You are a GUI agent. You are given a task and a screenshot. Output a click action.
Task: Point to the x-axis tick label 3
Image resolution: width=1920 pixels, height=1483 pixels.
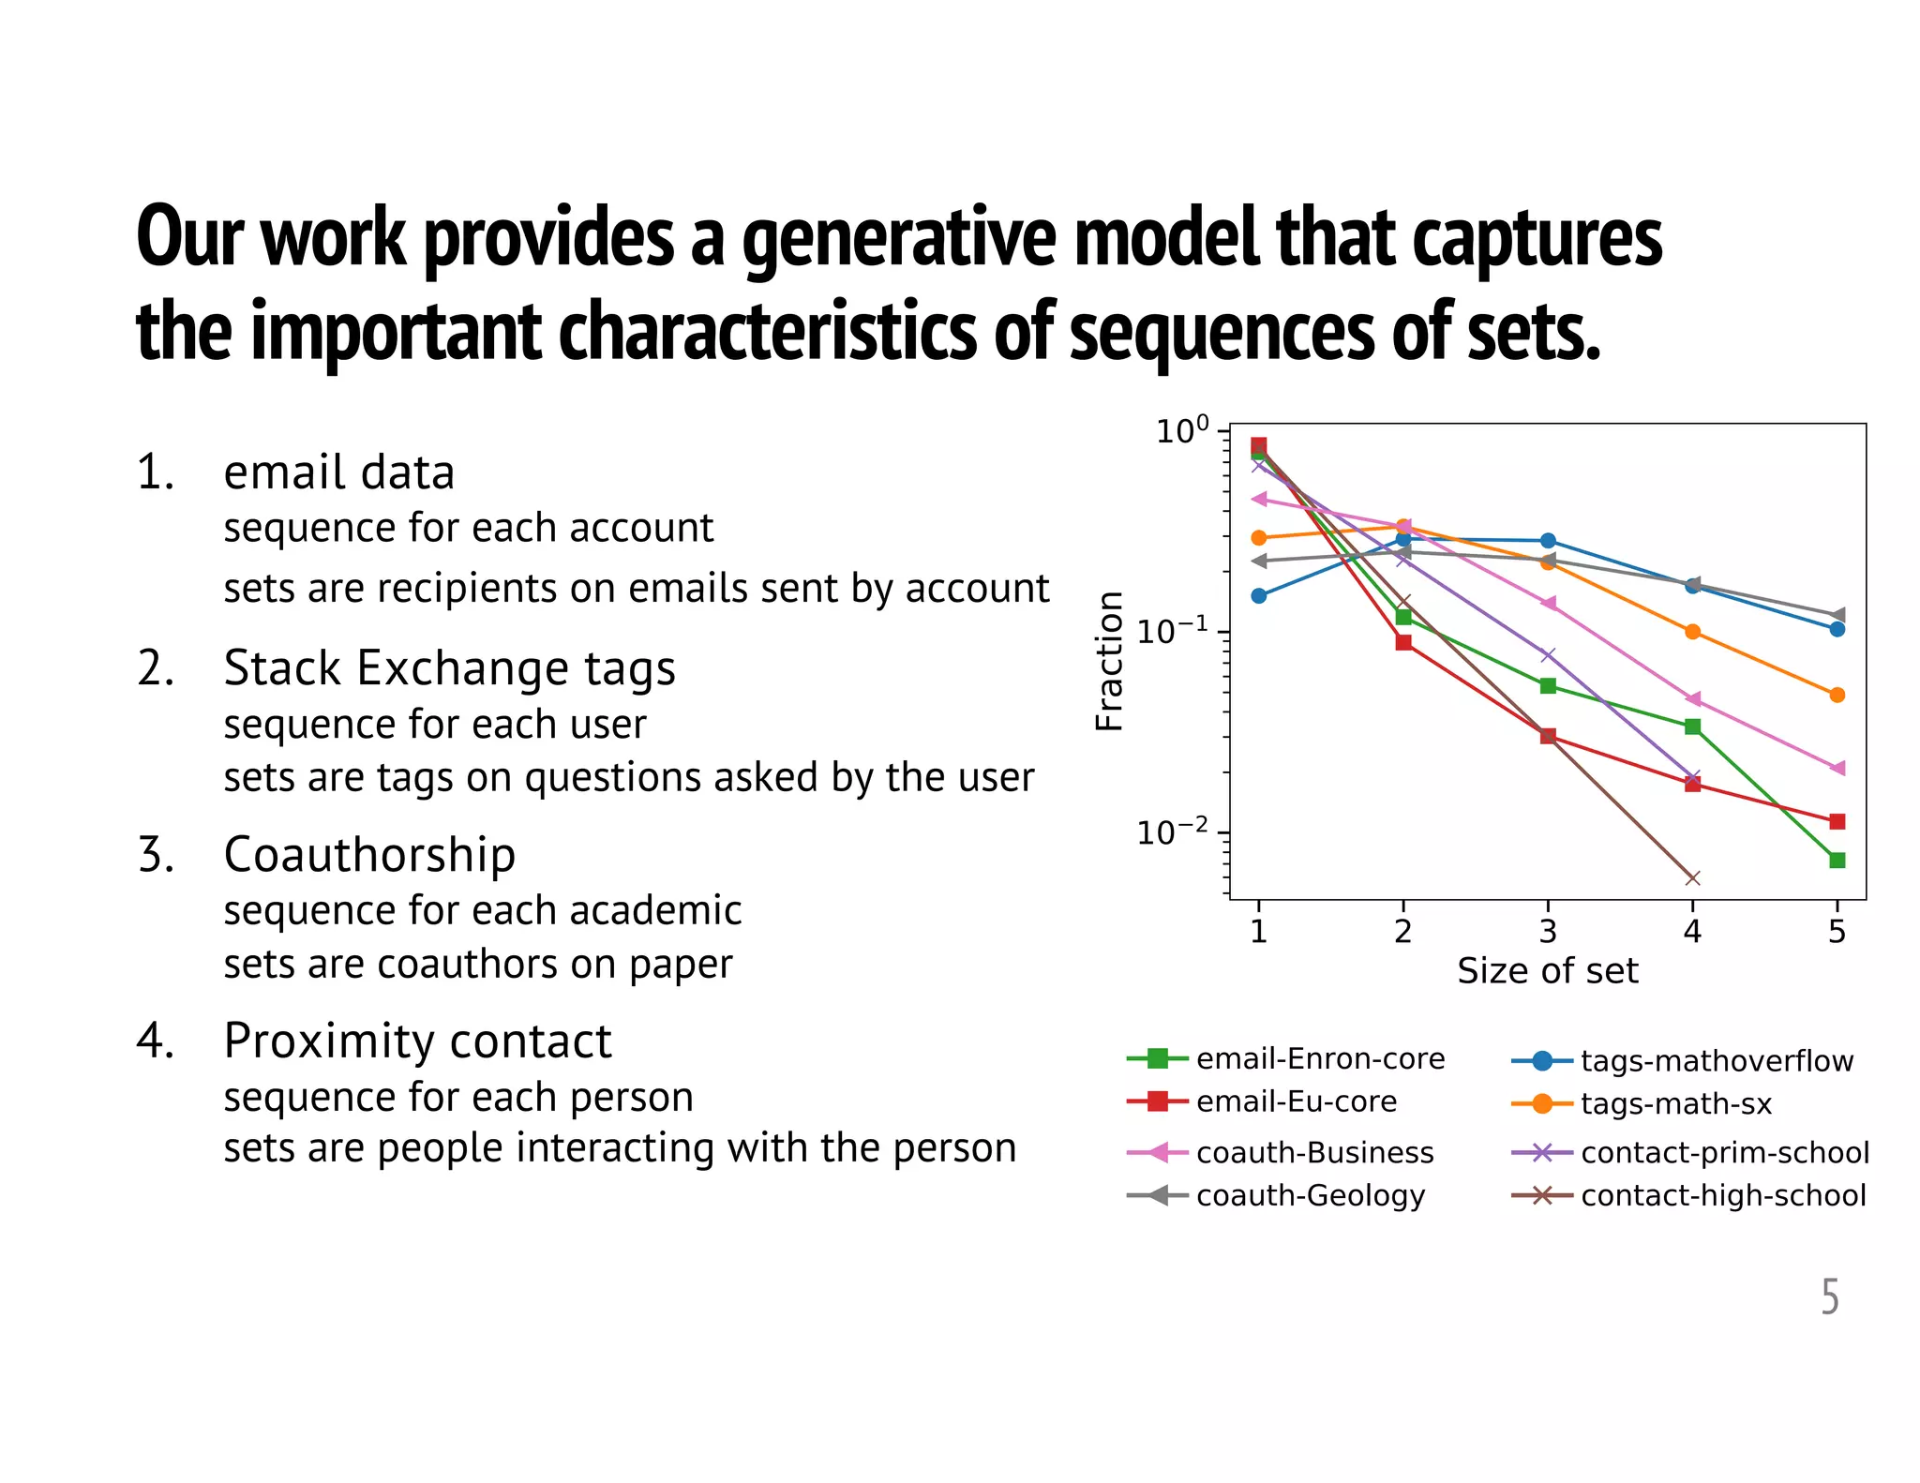coord(1548,932)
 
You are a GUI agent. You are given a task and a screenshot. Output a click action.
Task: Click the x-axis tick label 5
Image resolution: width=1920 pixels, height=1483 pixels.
coord(1837,932)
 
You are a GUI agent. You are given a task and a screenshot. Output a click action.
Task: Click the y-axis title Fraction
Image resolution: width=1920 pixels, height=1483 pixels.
coord(1109,661)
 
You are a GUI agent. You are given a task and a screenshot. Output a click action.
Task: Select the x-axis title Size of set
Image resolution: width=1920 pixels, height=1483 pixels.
coord(1548,971)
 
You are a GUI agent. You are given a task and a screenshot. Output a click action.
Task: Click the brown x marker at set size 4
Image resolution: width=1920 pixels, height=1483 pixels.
coord(1692,878)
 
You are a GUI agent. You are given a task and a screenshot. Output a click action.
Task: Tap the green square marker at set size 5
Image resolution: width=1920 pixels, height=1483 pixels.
coord(1837,860)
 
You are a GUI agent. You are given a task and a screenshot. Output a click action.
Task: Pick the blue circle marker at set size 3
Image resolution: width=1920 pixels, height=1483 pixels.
coord(1548,541)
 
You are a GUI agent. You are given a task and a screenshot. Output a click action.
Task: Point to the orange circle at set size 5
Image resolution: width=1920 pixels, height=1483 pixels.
coord(1837,695)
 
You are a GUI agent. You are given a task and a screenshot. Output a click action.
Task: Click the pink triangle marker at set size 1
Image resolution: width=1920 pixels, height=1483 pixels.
coord(1259,499)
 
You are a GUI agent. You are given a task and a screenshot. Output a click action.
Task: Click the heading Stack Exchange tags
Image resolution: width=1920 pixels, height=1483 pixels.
coord(449,668)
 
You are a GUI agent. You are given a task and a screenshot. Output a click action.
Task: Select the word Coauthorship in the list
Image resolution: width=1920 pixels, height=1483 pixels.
coord(369,855)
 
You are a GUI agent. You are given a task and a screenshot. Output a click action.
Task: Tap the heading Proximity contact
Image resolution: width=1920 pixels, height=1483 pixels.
coord(417,1041)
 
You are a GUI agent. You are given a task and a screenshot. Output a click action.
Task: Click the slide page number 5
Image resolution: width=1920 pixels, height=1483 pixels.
coord(1829,1297)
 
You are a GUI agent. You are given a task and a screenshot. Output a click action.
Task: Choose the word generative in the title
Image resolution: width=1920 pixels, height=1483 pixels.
coord(899,238)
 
